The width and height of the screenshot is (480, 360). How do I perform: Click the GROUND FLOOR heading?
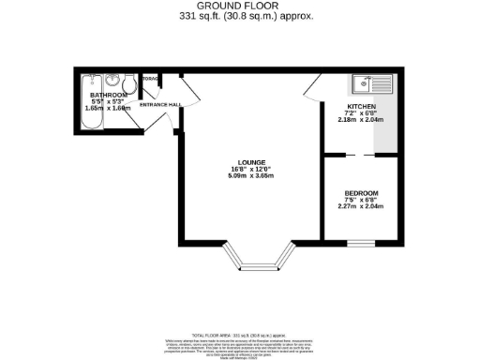239,6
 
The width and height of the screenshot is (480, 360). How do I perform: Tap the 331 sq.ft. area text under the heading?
239,16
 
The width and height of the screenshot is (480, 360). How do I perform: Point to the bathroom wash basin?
113,80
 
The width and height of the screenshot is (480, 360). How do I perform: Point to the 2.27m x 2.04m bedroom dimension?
361,207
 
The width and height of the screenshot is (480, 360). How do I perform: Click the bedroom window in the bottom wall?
361,242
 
